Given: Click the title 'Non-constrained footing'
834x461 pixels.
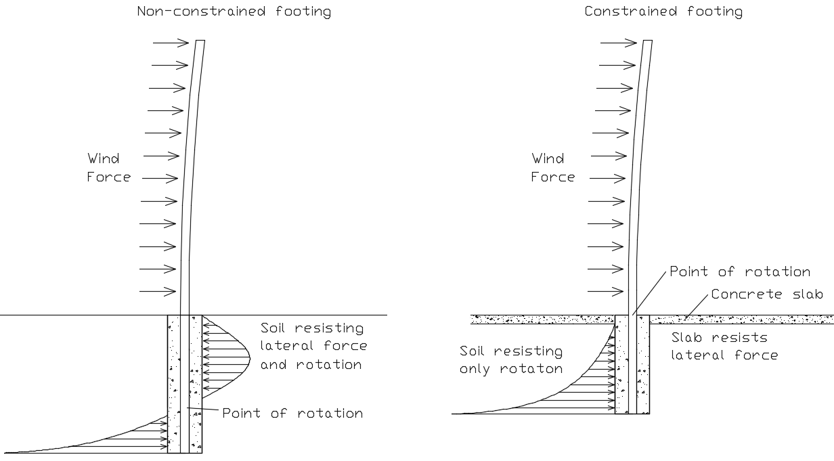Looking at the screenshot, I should point(234,12).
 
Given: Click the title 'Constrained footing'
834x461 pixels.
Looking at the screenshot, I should point(663,12).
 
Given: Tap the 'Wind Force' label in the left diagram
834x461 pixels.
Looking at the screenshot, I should point(108,168).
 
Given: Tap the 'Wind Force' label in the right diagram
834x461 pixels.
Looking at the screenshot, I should point(552,168).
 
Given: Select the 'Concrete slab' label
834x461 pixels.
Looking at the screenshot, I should point(766,294).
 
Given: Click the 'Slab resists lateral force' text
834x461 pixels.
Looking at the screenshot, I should point(723,346).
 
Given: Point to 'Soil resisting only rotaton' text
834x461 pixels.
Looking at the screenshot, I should point(511,360).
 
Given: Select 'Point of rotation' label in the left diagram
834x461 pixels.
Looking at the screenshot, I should point(292,413).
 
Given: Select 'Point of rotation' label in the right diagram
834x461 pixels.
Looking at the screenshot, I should point(739,271).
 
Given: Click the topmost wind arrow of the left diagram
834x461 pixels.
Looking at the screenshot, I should point(171,43).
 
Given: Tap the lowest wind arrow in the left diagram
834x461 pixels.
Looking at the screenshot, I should point(157,292).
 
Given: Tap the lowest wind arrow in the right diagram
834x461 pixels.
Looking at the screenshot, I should point(605,292).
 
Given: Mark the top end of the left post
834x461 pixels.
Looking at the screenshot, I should point(200,42).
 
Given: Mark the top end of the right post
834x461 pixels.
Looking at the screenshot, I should point(648,42).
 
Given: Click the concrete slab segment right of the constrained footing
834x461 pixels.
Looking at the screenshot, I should point(741,319).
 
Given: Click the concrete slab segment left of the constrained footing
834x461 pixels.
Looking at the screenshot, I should point(542,319).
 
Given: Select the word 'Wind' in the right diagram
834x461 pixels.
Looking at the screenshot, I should point(548,159).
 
